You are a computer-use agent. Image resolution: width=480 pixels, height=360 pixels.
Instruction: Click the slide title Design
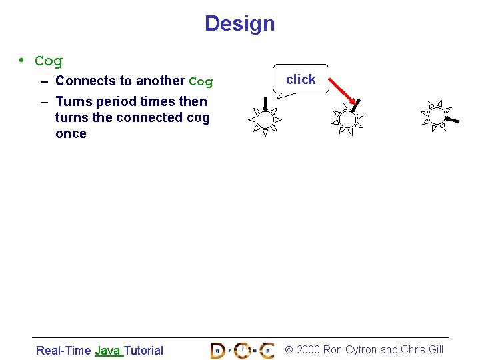239,23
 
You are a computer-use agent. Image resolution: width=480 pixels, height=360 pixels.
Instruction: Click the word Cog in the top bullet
49,61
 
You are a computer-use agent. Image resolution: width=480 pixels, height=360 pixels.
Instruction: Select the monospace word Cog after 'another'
201,82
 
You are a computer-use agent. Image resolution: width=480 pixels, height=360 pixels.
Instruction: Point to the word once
71,134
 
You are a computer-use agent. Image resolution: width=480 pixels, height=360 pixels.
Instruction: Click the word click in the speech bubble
301,79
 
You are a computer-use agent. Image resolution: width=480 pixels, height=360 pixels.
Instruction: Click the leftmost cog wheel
265,120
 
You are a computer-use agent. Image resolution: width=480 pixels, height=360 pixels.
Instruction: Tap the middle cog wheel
347,120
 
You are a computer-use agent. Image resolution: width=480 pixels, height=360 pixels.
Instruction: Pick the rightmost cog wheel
437,116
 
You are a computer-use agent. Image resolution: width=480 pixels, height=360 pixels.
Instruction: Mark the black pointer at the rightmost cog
453,121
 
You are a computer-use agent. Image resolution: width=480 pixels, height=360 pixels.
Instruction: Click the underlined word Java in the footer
107,351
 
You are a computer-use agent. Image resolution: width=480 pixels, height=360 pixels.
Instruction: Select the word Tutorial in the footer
143,351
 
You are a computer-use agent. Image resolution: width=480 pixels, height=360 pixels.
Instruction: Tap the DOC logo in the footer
242,350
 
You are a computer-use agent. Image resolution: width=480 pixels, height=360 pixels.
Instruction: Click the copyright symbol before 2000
289,350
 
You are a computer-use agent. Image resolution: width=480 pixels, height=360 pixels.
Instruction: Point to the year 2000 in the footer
308,350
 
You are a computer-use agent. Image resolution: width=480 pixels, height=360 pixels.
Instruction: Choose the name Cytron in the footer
359,350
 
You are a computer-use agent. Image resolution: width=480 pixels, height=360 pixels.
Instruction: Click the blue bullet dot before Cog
22,61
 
